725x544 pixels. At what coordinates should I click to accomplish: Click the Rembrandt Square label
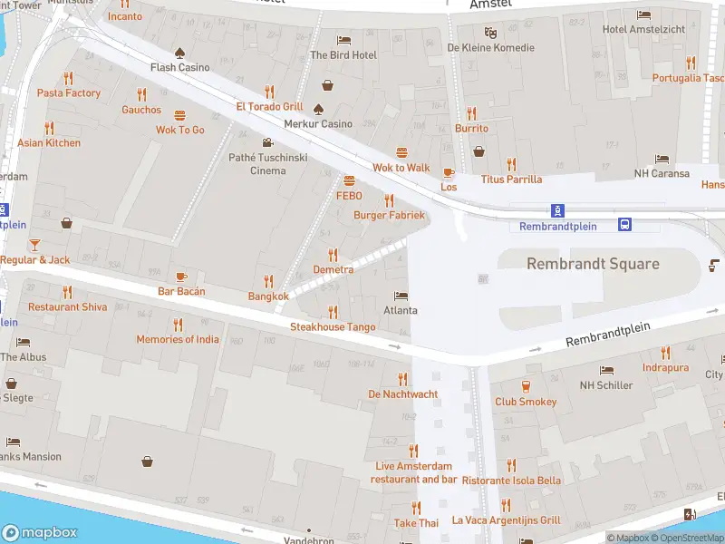594,264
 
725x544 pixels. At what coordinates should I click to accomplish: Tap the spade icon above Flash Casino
179,52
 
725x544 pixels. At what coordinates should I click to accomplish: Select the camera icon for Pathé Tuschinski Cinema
267,142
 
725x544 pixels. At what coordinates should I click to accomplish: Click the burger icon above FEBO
349,180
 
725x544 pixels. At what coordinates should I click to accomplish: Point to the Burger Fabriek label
389,216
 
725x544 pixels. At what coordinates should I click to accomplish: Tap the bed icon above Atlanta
401,296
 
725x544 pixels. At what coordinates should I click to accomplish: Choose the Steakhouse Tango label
333,326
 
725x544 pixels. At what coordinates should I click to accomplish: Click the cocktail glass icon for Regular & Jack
34,245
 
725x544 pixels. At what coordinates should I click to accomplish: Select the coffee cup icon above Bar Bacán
181,276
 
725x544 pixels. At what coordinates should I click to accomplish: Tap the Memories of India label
178,340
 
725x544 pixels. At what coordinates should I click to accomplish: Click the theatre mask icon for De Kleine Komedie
490,33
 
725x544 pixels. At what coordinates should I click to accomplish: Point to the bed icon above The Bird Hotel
343,40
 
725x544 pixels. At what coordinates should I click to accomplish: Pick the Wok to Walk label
401,168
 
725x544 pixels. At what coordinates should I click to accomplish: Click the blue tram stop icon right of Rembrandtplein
625,224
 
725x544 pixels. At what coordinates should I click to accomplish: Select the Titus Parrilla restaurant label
511,180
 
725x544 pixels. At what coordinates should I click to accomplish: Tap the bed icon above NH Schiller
606,371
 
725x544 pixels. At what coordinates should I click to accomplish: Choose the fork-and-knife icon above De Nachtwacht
403,379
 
